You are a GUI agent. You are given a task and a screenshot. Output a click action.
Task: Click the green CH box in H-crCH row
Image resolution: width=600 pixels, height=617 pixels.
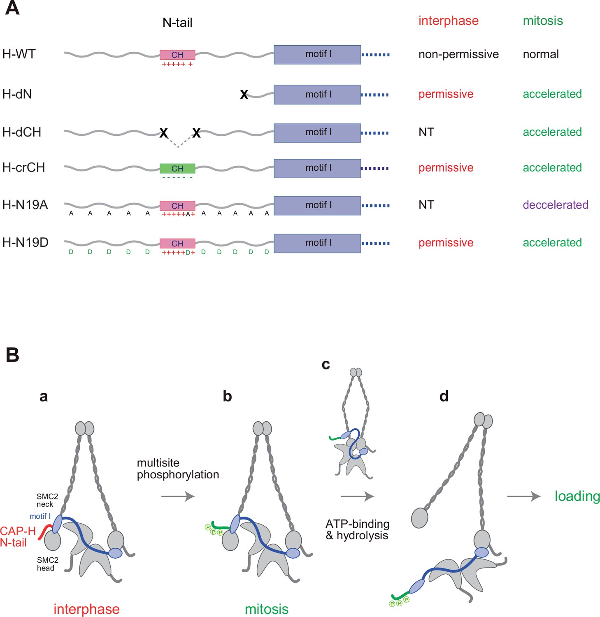[x=177, y=168]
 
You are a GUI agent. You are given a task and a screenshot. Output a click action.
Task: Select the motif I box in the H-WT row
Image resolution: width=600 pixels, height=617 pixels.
[x=317, y=55]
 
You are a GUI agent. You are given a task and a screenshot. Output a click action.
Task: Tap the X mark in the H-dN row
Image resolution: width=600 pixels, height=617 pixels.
[x=244, y=95]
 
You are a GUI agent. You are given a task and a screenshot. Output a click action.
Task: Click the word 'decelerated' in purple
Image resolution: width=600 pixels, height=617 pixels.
[x=555, y=205]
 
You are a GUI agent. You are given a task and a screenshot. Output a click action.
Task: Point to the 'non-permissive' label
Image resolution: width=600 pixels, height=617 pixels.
[x=458, y=54]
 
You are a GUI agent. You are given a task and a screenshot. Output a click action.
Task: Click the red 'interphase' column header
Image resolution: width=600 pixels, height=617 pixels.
[x=448, y=21]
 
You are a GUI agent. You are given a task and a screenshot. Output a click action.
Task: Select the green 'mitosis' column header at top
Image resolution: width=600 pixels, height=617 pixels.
[x=542, y=21]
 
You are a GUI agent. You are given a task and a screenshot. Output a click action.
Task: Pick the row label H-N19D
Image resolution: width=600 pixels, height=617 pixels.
[x=25, y=243]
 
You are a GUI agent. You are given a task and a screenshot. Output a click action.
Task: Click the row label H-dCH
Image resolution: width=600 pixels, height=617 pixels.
[x=22, y=132]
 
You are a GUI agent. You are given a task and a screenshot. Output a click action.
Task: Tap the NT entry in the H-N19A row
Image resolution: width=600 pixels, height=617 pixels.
[x=426, y=205]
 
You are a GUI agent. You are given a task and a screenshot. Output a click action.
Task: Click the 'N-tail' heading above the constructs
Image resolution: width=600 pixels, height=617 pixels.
[x=177, y=23]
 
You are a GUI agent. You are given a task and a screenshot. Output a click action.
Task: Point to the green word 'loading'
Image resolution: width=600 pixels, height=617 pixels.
[x=577, y=496]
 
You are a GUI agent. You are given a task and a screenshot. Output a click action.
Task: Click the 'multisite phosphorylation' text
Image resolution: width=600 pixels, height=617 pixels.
[x=177, y=469]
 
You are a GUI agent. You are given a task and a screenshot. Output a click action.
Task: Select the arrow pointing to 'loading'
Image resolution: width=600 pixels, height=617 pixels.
[x=523, y=496]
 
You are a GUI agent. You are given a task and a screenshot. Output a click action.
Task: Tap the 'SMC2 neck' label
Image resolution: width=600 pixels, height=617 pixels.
[x=47, y=500]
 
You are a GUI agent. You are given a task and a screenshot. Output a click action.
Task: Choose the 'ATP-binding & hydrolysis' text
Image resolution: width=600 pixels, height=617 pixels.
[x=357, y=529]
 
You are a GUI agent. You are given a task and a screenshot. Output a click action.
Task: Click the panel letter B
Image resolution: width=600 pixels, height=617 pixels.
[x=12, y=355]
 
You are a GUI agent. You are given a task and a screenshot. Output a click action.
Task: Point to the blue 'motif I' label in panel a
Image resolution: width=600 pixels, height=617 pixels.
[x=40, y=516]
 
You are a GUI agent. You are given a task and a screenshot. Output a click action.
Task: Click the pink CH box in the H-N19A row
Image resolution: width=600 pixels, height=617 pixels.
[x=177, y=206]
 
